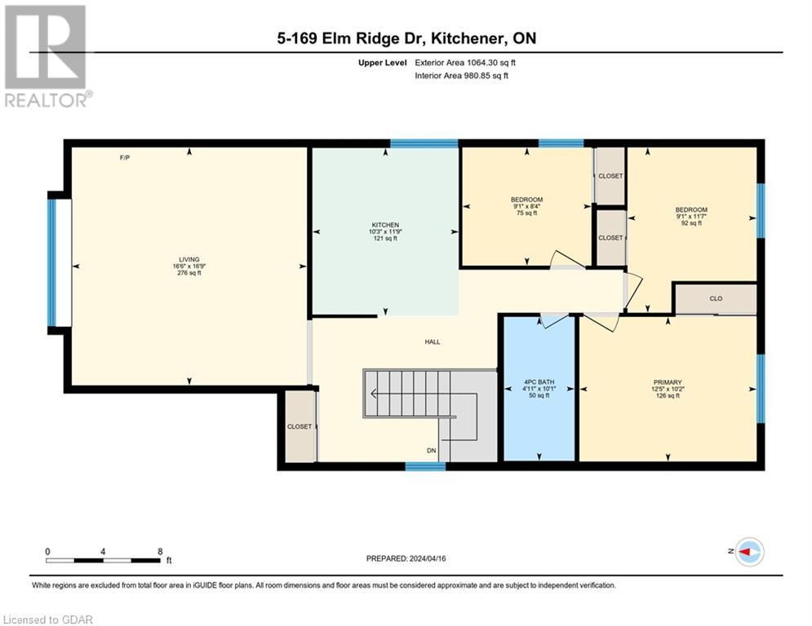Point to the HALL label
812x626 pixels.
coord(432,342)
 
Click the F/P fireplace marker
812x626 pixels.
coord(125,157)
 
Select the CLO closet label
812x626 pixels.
coord(716,298)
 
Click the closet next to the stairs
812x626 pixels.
coord(300,426)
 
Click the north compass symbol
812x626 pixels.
coord(749,552)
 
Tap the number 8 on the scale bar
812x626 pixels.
coord(159,551)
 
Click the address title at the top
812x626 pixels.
coord(405,38)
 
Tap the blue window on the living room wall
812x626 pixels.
coord(52,262)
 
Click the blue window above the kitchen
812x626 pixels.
coord(424,143)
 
